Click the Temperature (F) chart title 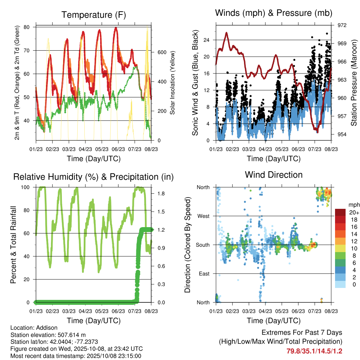tap(93, 15)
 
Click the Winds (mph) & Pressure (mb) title tap(274, 13)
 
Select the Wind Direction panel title tap(274, 174)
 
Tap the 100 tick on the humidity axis tap(28, 187)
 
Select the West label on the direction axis tap(204, 216)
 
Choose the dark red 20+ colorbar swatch tap(341, 212)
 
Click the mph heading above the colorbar tap(353, 205)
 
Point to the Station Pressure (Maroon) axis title tap(354, 83)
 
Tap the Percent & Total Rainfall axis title tap(13, 245)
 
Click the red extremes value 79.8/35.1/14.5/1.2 tap(314, 351)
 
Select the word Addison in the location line tap(46, 328)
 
